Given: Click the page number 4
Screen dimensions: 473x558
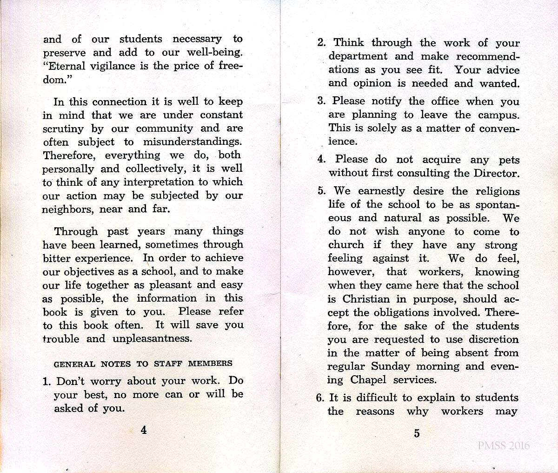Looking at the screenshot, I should point(144,430).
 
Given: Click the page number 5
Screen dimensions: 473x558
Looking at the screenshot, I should point(417,433).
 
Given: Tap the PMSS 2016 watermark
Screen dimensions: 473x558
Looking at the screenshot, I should point(504,446).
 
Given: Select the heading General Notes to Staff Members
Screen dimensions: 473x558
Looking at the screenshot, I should point(143,364).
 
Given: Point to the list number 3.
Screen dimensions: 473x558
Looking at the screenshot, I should point(321,101).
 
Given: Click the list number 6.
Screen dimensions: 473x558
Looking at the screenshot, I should point(320,398).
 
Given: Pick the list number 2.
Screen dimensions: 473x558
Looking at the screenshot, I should point(321,43).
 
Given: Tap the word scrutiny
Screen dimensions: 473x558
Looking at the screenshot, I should point(63,129).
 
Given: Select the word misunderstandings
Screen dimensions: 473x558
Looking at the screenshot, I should point(193,142).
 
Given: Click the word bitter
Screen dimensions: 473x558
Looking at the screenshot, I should point(57,258).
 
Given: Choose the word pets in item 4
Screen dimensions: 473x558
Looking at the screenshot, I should point(509,160).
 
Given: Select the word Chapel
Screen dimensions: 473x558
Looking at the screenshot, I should point(368,380).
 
